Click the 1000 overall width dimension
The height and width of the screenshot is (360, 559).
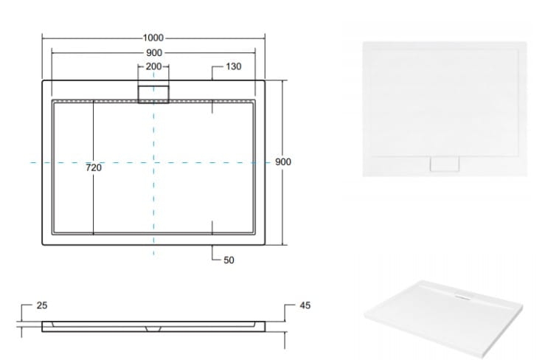click(153, 38)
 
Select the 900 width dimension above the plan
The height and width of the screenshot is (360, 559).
click(153, 53)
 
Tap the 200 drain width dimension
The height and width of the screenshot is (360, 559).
click(153, 66)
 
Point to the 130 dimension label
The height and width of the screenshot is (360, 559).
click(233, 66)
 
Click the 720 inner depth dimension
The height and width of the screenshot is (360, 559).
click(94, 168)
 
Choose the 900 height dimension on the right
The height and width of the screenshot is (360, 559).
click(283, 162)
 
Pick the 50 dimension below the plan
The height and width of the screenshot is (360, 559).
click(229, 260)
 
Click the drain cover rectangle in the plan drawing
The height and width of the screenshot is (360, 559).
click(153, 93)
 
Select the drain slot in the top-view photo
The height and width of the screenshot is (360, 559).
click(445, 164)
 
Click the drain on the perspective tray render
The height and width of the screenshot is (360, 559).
click(460, 298)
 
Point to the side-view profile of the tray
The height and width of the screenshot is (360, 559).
click(153, 325)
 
